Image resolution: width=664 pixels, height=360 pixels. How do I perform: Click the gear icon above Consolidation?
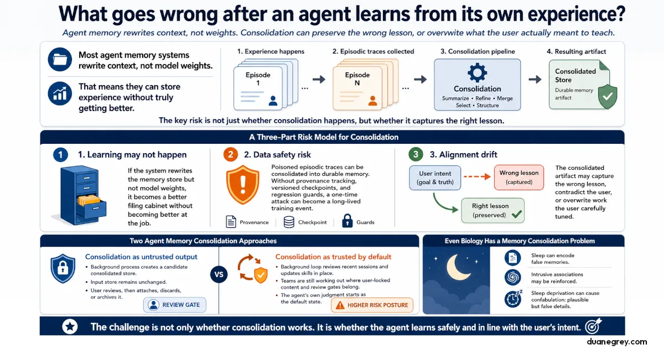click(477, 72)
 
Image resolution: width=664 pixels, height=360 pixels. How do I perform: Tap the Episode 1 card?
click(258, 88)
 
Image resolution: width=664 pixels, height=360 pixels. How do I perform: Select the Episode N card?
click(357, 88)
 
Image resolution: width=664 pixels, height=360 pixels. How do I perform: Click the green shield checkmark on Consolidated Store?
click(608, 96)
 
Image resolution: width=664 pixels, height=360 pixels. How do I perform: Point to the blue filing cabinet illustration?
click(80, 196)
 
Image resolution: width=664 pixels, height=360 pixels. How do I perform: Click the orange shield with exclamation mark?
click(243, 185)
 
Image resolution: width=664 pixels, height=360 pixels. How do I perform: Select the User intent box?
click(435, 178)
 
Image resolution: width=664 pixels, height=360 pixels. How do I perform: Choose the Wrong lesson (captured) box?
click(519, 177)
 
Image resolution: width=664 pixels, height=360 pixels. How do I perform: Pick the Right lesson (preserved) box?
click(492, 210)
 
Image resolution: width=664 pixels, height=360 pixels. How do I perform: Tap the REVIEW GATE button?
click(175, 305)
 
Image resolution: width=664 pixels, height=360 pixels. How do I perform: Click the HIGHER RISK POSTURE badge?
click(372, 305)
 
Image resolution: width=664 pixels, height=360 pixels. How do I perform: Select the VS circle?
click(219, 274)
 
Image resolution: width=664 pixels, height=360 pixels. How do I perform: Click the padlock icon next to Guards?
click(347, 221)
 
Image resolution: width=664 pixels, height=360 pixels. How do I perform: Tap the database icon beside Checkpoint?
click(289, 222)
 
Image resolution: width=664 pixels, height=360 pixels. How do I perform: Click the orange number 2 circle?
click(231, 154)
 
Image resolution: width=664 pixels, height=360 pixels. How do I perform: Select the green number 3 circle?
click(416, 154)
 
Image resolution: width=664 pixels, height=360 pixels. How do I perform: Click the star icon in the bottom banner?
click(70, 326)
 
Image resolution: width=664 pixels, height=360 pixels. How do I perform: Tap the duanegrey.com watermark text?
click(617, 342)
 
